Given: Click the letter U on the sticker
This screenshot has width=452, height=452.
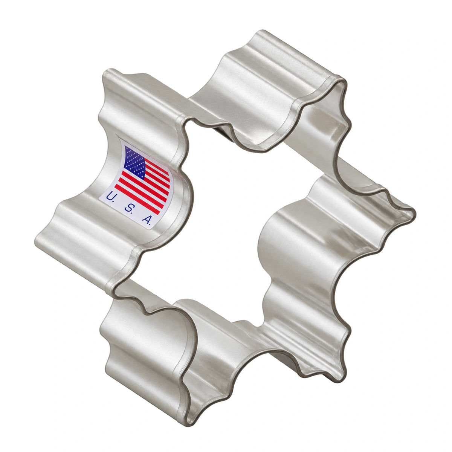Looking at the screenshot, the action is tap(110, 196).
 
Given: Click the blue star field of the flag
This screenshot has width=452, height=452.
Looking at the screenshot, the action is tap(135, 162).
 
